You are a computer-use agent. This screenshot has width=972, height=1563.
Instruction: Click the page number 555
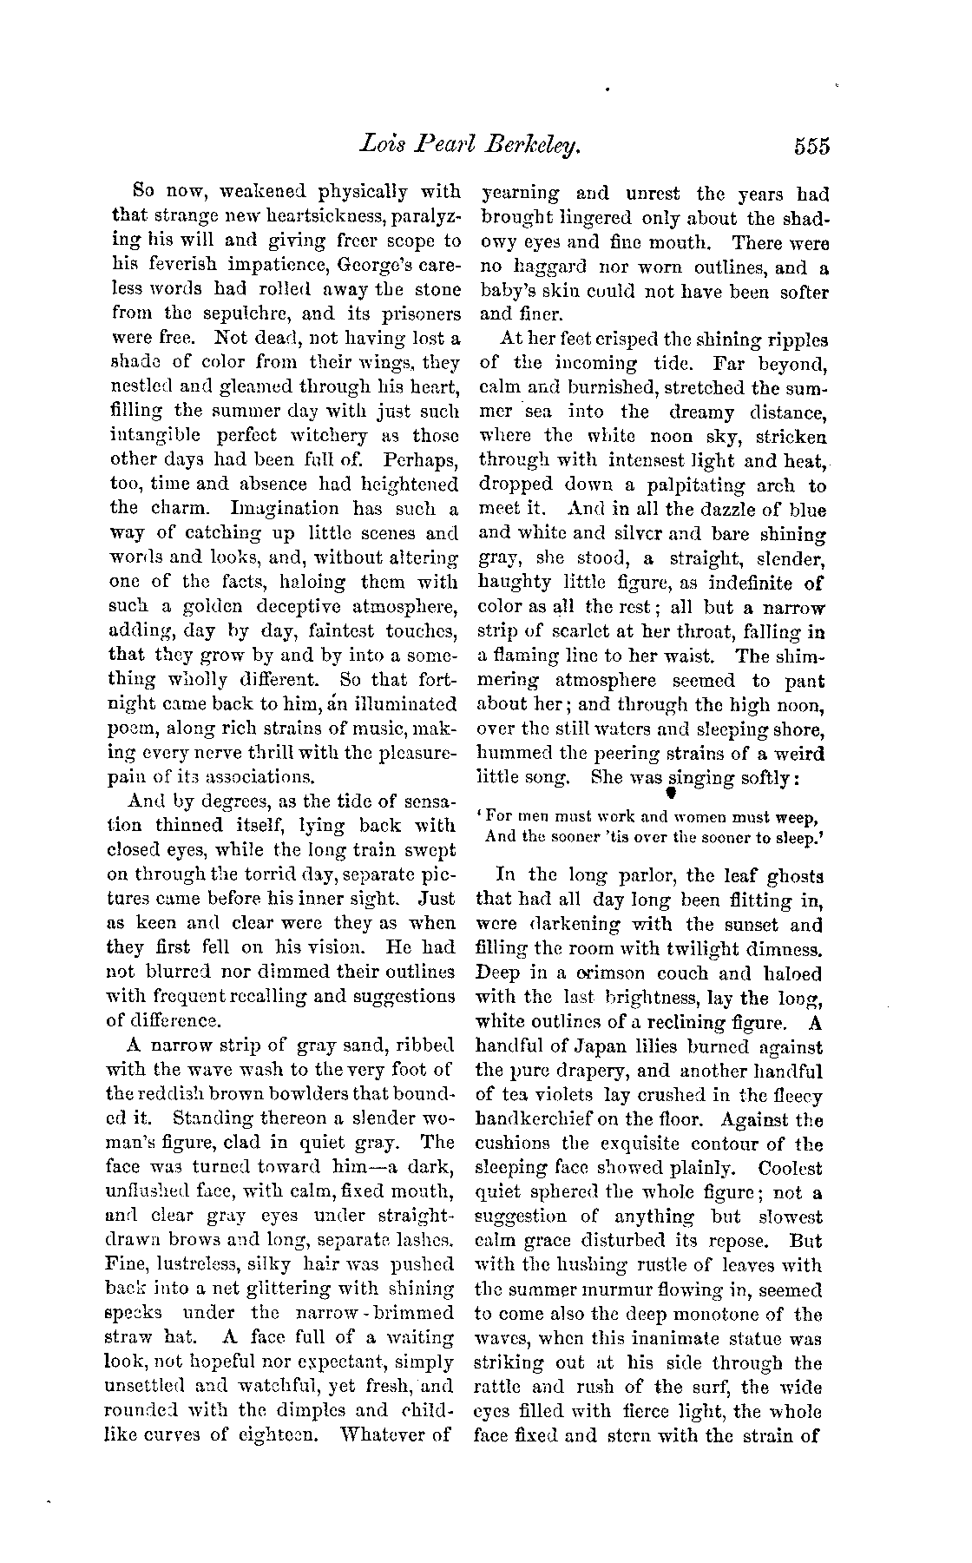(x=811, y=146)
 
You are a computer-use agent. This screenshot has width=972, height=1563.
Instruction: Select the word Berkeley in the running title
(x=536, y=146)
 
